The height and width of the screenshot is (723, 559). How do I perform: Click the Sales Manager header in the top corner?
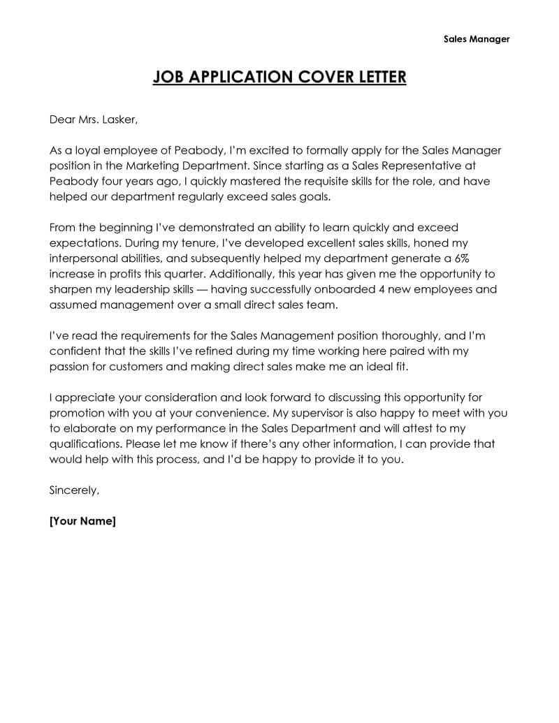477,39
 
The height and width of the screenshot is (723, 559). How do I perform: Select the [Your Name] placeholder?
82,521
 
